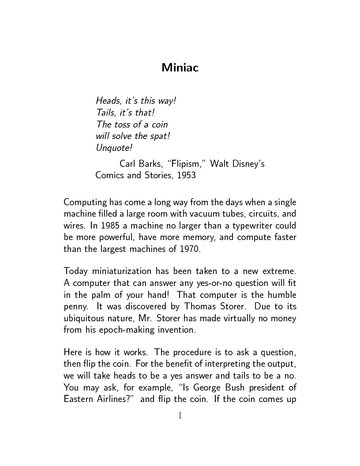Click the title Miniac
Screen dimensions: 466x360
click(180, 68)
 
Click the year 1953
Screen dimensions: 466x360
click(186, 175)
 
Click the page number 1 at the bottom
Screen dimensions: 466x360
click(180, 415)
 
